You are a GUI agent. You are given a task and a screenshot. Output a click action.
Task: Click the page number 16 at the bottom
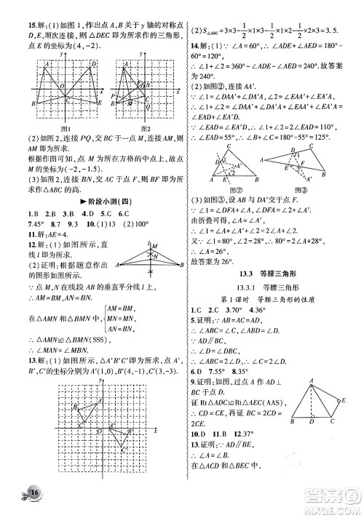[34, 495]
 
